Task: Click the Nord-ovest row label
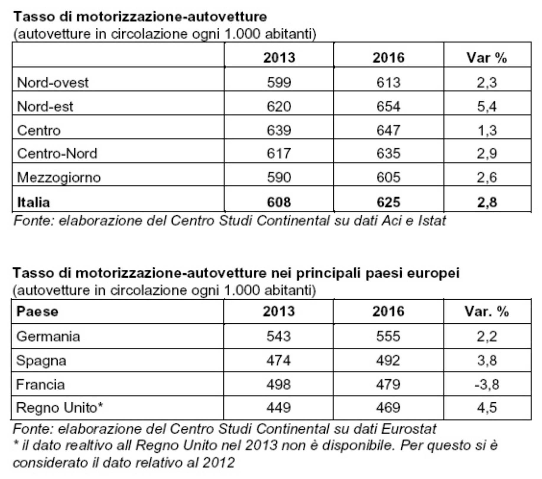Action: pos(53,82)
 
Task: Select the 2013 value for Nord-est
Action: pos(279,106)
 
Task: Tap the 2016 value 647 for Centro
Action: pos(388,130)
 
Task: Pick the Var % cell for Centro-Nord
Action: pos(487,154)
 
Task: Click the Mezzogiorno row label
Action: pos(59,178)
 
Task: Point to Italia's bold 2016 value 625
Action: pos(388,202)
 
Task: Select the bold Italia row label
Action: pos(33,202)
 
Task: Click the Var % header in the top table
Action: pos(487,57)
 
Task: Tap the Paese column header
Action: pos(37,312)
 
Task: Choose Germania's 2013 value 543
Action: pos(279,336)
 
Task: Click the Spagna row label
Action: pos(41,361)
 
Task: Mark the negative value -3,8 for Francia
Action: pos(487,384)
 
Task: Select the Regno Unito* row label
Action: pos(59,408)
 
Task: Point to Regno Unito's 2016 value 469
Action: pos(388,408)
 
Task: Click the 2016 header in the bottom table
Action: pos(388,311)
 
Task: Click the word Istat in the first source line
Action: pos(432,221)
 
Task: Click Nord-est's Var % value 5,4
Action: pos(487,107)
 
